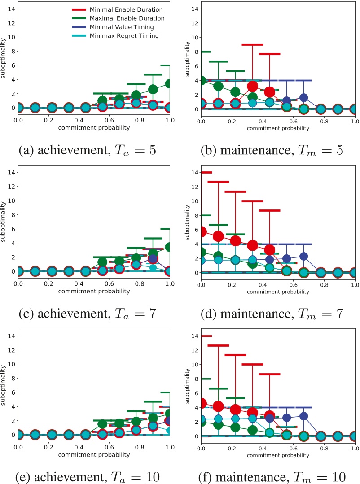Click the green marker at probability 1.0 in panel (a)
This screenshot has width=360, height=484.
tap(169, 83)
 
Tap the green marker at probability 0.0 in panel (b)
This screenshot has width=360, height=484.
tap(202, 81)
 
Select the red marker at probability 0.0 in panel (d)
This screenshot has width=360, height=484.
tap(202, 231)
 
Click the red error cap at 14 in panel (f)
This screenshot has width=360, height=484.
tap(206, 336)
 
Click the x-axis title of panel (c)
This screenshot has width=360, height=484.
tap(94, 291)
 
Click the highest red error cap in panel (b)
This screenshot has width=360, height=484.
tap(252, 44)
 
